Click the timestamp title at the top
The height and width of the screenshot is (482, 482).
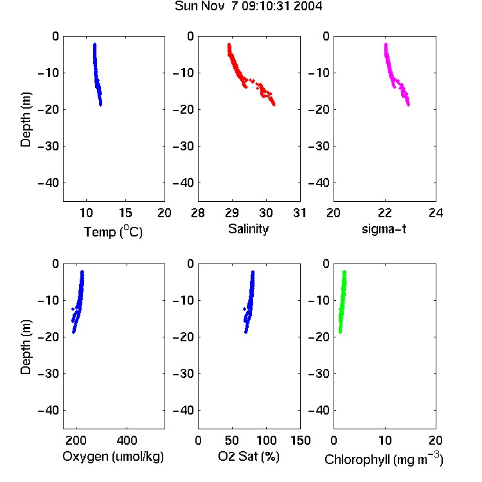248,6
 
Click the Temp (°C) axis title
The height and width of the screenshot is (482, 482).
113,231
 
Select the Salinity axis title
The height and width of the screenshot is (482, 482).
248,229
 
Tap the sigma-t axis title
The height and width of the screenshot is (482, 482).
384,229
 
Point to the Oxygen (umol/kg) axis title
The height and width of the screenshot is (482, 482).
113,456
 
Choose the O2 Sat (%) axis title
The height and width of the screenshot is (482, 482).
249,456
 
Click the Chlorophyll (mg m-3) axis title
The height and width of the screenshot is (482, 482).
384,459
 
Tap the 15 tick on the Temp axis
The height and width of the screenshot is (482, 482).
125,213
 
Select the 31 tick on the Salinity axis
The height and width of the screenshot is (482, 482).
299,213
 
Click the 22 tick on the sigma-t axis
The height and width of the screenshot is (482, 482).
385,213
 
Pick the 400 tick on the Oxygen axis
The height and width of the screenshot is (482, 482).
127,440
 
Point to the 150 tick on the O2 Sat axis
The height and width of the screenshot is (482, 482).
300,440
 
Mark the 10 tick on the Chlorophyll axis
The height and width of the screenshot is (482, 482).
385,440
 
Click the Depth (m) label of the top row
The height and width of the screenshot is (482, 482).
26,120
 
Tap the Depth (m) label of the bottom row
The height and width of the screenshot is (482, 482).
26,347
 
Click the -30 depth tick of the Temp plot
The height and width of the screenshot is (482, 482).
48,147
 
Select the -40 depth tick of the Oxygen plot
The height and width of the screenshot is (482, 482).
48,410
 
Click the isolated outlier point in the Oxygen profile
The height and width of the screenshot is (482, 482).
73,309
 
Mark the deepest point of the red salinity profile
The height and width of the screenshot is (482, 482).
274,105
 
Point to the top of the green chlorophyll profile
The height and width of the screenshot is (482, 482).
344,272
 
